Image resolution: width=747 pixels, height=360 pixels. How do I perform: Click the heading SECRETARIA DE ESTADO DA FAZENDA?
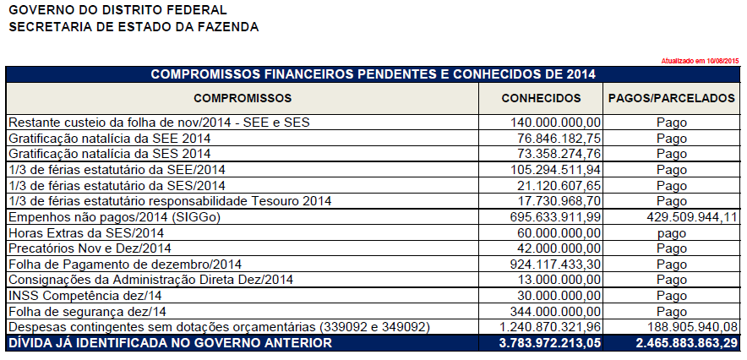point(134,27)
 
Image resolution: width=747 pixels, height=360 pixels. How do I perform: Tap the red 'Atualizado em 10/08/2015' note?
point(699,61)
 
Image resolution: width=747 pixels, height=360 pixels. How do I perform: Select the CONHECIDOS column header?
point(541,98)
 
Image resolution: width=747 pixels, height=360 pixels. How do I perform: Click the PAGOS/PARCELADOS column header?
point(672,98)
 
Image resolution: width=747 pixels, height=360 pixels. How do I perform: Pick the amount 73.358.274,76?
point(559,154)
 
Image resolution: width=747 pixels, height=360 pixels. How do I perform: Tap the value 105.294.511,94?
point(556,170)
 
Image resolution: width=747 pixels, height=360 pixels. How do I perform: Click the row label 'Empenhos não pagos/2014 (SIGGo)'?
point(112,217)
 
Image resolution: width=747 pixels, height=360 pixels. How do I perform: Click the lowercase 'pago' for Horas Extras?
point(672,232)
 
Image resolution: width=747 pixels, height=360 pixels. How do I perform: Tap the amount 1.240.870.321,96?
point(550,326)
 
